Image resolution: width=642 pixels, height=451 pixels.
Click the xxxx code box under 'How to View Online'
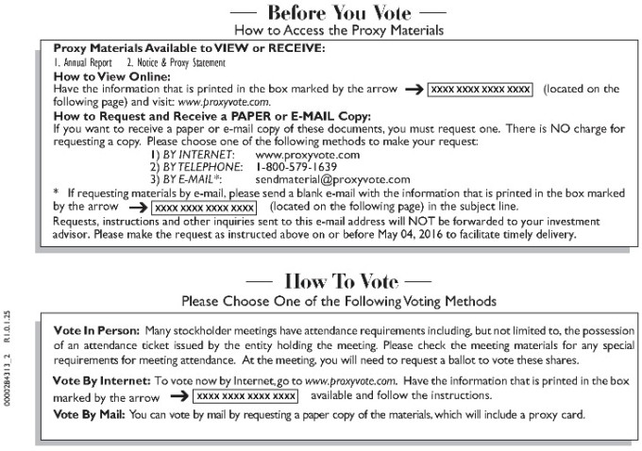tap(481, 89)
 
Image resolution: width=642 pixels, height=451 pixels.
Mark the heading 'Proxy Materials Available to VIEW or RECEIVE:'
tap(188, 47)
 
